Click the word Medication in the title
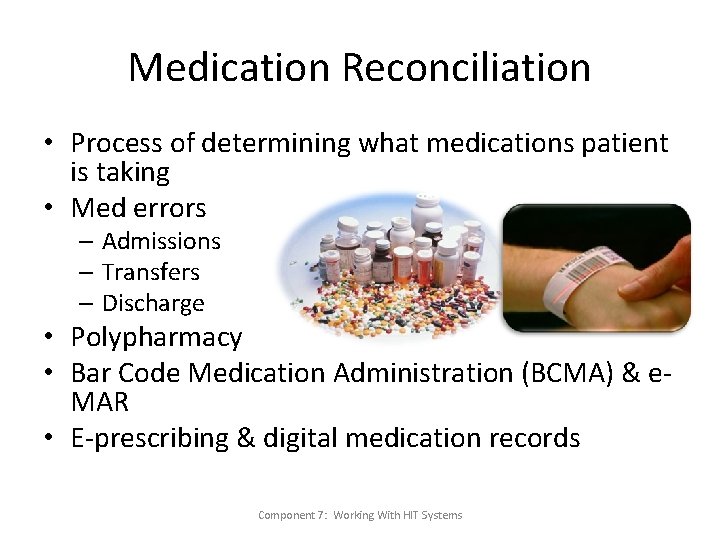[229, 68]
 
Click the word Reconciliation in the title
[466, 68]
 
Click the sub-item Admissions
[161, 241]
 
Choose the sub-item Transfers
[151, 272]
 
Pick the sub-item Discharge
[153, 303]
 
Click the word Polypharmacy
[157, 338]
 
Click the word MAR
[100, 402]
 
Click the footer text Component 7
[291, 515]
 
